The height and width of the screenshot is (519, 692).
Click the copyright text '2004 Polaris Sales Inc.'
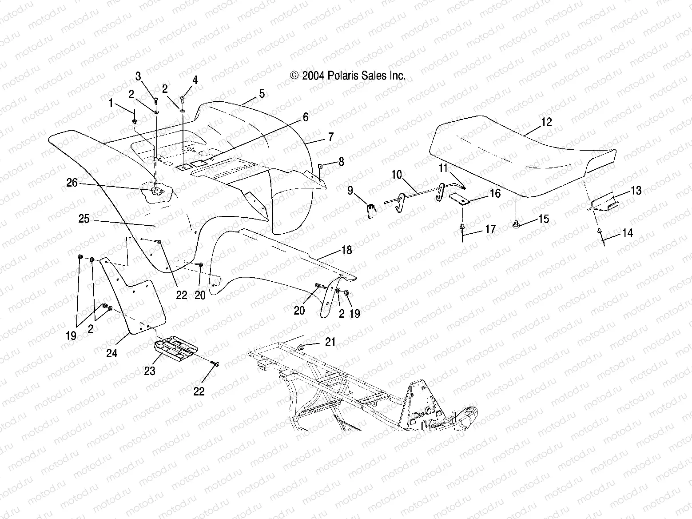click(348, 76)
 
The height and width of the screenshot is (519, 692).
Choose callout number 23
click(150, 371)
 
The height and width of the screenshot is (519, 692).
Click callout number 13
click(636, 191)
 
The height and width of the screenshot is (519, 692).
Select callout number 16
click(495, 193)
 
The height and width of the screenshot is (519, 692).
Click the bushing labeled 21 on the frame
click(300, 346)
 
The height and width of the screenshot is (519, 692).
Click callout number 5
click(262, 94)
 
